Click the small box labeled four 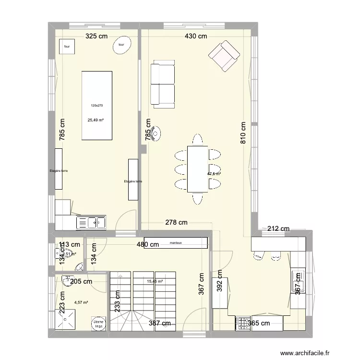[67, 47]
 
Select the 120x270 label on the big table [97, 106]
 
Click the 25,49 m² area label [96, 120]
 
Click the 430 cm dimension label [196, 36]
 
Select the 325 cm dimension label [97, 36]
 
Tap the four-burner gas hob [242, 323]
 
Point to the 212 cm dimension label [279, 228]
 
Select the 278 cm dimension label [176, 222]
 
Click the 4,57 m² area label [81, 302]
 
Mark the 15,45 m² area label [155, 282]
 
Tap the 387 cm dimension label [159, 324]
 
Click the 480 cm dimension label [147, 244]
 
